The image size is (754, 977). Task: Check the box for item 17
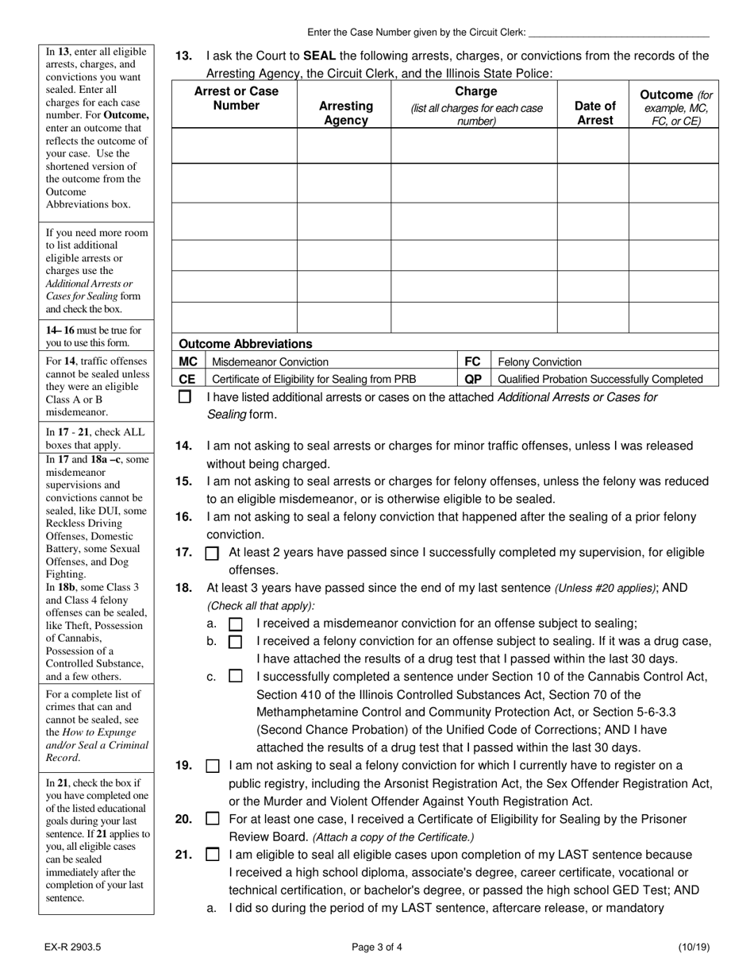[212, 554]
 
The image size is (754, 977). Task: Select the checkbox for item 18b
[236, 642]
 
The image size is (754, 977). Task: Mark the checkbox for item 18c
[236, 677]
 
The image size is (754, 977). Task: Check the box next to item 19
[212, 767]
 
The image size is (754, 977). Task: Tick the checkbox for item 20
[212, 819]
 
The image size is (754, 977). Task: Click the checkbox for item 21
[212, 855]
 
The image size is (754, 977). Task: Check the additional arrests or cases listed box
[184, 396]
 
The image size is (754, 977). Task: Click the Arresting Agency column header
[345, 113]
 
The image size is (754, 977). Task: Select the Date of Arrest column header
[594, 113]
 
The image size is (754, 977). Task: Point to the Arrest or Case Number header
[237, 98]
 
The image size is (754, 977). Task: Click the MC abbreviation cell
[188, 361]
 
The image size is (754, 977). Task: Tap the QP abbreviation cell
[472, 379]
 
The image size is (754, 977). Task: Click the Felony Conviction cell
[540, 361]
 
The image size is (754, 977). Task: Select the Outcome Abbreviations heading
[245, 344]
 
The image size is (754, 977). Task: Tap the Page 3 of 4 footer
[377, 947]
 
